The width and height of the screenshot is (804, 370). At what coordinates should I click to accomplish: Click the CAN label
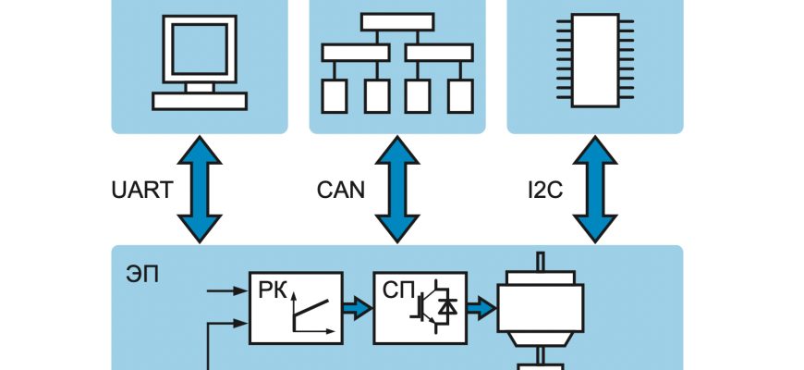[340, 191]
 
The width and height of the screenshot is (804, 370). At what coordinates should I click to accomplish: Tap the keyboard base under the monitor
[199, 100]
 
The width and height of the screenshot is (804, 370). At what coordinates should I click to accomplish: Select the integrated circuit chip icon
[594, 60]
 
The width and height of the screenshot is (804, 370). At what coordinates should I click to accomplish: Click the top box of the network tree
[396, 21]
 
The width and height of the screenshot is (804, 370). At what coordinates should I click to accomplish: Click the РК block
[295, 306]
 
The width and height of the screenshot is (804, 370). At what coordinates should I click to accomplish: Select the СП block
[420, 306]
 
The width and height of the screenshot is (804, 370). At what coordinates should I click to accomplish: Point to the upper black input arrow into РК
[226, 291]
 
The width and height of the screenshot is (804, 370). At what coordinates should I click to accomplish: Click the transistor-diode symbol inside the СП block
[434, 311]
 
